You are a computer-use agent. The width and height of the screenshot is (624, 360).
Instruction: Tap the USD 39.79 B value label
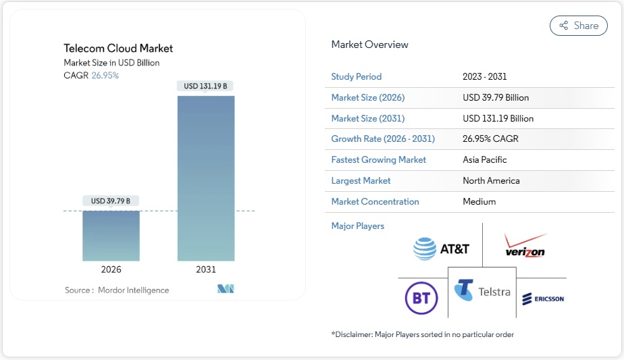[x=111, y=201]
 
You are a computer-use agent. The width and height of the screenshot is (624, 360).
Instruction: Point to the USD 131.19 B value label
[x=205, y=86]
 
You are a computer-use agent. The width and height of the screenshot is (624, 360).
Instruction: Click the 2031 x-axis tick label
[x=206, y=269]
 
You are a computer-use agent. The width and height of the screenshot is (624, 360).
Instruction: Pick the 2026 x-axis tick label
[x=111, y=269]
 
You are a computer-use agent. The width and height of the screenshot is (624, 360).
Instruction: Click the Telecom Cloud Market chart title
[x=118, y=49]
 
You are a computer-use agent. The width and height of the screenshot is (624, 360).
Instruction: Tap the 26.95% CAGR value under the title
[x=105, y=76]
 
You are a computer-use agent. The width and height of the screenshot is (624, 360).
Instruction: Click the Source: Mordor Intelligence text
[x=117, y=290]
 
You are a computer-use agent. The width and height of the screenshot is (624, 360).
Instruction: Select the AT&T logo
[x=441, y=249]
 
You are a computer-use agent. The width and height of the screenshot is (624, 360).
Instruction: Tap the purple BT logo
[x=421, y=298]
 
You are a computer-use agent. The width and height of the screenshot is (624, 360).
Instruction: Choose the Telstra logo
[x=482, y=292]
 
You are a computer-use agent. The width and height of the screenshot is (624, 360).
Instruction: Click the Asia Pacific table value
[x=484, y=160]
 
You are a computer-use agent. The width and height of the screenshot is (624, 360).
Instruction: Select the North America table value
[x=491, y=181]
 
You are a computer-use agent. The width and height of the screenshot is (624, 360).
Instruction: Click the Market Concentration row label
[x=375, y=202]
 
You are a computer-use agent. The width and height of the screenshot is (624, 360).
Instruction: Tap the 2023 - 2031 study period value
[x=484, y=77]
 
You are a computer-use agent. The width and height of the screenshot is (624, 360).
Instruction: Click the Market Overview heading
[x=369, y=45]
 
